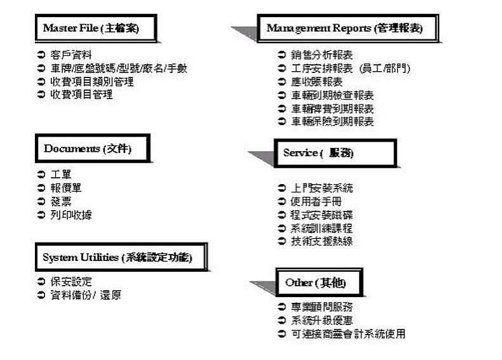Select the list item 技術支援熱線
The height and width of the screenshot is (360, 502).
tap(322, 241)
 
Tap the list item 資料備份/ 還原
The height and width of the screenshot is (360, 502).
tap(86, 295)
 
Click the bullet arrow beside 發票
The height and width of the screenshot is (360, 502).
tap(41, 201)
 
